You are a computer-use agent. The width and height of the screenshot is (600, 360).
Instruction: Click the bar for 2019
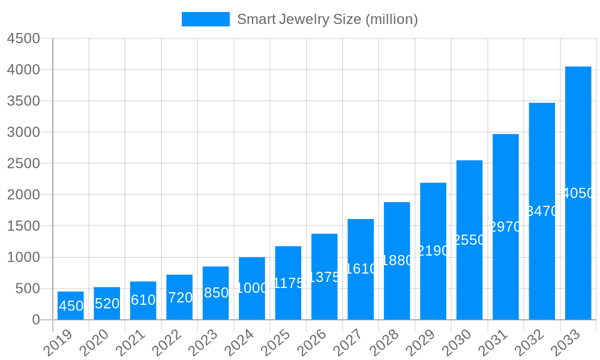pos(71,305)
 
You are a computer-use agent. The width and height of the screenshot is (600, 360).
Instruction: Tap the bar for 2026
pos(324,277)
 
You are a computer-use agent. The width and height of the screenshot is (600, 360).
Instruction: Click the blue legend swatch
pos(206,19)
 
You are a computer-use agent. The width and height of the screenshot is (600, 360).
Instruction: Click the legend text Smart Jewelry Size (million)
pos(327,19)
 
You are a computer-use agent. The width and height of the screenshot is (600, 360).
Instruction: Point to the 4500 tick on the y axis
pos(23,38)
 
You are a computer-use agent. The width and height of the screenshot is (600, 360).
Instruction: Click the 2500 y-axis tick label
pos(23,163)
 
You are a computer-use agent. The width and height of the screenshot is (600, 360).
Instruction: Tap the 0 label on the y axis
pos(35,320)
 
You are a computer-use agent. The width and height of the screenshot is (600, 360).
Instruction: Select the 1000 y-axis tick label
pos(23,257)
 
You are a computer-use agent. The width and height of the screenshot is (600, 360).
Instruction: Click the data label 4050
pos(578,193)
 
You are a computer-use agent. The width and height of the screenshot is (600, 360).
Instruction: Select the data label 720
pos(180,298)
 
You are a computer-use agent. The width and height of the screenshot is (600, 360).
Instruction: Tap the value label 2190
pos(433,251)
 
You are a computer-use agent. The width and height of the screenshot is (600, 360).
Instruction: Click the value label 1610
pos(361,269)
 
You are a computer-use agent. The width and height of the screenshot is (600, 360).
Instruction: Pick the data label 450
pos(71,306)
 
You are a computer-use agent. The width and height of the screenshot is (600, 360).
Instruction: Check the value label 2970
pos(506,227)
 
